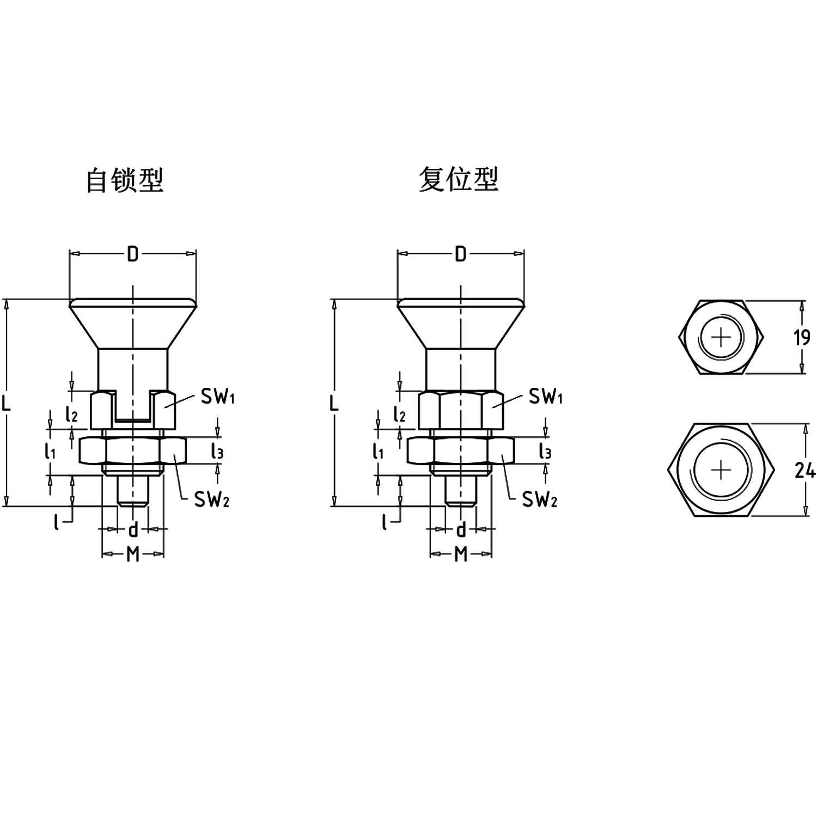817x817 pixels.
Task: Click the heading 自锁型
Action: coord(125,180)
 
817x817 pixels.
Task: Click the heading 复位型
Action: coord(459,179)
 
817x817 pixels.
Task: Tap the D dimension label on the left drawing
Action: coord(133,254)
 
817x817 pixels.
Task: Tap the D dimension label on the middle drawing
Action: coord(461,254)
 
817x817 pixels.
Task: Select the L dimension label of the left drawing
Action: coord(7,403)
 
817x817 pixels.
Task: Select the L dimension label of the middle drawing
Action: coord(334,403)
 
